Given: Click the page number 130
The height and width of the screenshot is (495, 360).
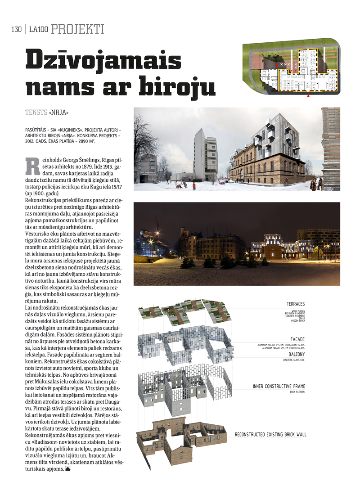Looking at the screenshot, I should point(16,30).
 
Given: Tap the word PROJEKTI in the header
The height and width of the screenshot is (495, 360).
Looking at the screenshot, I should point(78,30).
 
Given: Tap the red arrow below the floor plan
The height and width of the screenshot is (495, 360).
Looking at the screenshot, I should point(308,95).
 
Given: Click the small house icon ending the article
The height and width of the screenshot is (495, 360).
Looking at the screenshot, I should point(68,469).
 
